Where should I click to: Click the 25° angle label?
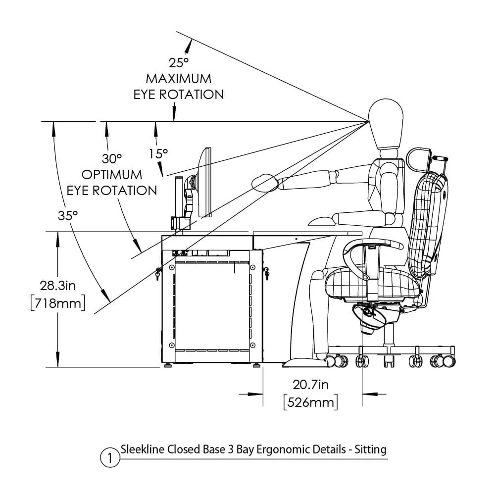179,63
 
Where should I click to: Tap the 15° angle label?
158,154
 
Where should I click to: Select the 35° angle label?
68,215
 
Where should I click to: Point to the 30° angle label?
112,159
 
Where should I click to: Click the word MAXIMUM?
178,79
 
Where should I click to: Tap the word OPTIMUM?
112,175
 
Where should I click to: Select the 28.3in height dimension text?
57,285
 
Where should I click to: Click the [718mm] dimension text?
57,302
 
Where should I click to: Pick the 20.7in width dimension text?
311,384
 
